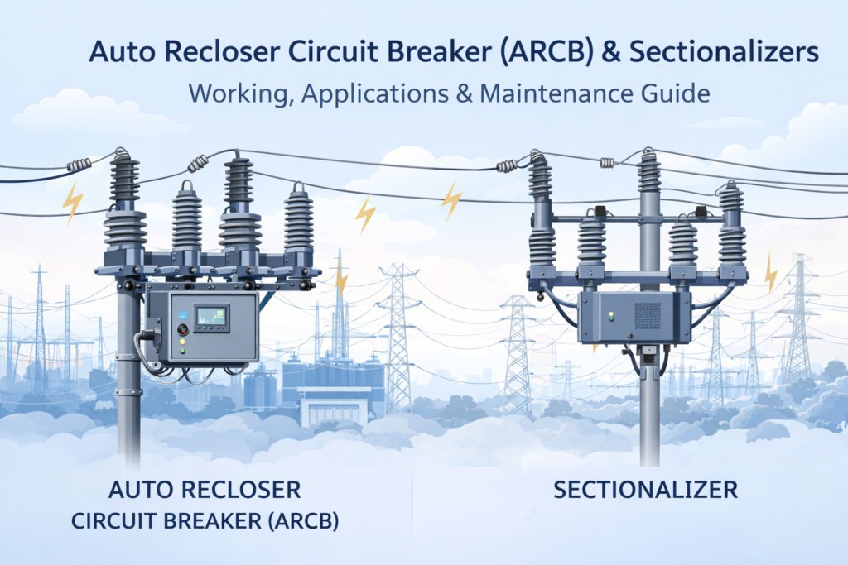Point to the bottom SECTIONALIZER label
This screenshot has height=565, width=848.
coord(645,490)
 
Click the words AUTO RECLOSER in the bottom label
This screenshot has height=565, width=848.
coord(204,491)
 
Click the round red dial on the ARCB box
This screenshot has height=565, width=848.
coord(183,329)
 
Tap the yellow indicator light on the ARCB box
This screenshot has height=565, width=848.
coord(182,341)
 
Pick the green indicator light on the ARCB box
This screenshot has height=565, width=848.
coord(182,352)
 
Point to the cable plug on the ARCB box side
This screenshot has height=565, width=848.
coord(150,336)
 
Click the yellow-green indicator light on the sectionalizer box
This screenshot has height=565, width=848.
coord(611,315)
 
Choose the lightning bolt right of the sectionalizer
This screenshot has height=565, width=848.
coord(771,274)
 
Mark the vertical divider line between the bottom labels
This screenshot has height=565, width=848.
coord(412,505)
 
